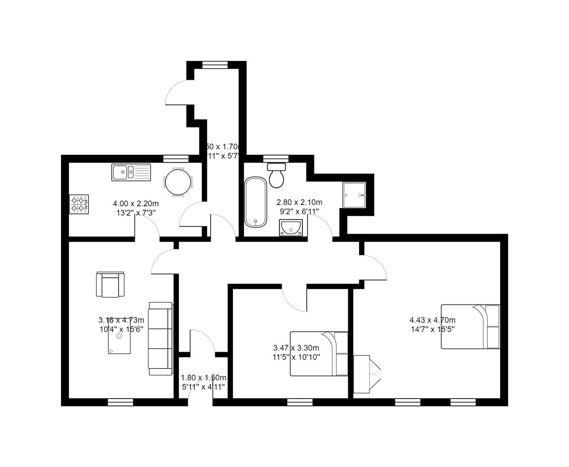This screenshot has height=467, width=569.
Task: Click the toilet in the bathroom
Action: coord(276,175)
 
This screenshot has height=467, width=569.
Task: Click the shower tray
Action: coord(354,195)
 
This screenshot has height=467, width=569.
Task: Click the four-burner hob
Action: coord(79,205)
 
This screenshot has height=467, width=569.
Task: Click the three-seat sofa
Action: coord(160,338)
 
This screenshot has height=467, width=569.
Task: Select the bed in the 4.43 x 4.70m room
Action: coord(470,326)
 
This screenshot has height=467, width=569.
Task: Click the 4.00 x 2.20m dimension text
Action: coord(135,203)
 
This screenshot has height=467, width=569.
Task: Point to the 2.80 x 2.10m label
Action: coord(299,202)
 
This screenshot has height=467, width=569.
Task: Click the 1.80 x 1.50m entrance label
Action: coord(203,377)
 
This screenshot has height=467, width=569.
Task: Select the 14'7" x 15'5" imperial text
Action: coord(432,329)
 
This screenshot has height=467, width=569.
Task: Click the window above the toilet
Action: coord(276,157)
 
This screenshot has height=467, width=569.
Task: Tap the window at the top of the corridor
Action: coord(215,64)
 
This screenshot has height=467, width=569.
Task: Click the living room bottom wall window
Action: coord(119,402)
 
